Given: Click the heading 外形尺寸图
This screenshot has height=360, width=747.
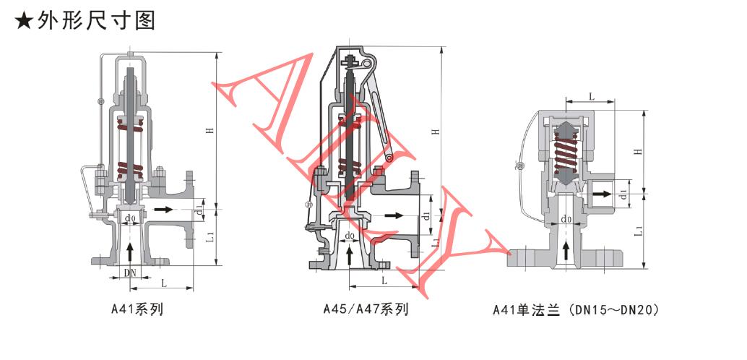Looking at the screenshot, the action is tap(97, 21).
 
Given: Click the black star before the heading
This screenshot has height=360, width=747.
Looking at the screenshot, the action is tap(24, 22).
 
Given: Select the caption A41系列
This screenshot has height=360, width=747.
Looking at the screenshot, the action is tap(137, 309).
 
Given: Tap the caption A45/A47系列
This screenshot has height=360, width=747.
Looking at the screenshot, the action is tap(366, 309).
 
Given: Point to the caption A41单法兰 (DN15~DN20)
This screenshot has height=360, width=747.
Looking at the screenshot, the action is tap(577, 310).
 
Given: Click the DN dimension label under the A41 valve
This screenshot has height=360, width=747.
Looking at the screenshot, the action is tap(131, 273).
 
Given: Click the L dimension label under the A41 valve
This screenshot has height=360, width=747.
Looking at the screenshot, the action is tap(163, 283).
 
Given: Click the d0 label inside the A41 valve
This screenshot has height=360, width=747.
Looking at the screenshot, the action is tap(129, 220).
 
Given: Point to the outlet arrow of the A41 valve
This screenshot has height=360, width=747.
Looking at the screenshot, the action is tap(160, 210).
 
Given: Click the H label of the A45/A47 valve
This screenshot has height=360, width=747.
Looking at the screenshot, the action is tap(434, 131).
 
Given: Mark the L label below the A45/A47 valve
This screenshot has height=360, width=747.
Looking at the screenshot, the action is tap(384, 280).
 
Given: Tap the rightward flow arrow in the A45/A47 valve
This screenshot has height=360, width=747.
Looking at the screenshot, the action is tap(394, 215).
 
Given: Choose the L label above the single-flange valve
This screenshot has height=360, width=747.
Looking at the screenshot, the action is tap(591, 96).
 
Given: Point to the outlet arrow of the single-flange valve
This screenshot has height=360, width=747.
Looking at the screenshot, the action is tap(604, 194).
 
